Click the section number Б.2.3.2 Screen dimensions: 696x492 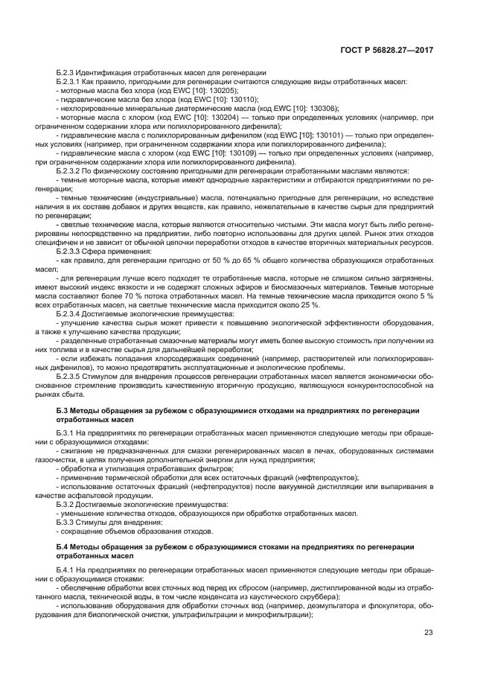72,171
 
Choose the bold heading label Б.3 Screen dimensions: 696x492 63,410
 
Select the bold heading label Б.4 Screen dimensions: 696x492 63,547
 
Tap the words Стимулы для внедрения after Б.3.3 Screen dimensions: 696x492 118,523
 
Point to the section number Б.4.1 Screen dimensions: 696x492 68,569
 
